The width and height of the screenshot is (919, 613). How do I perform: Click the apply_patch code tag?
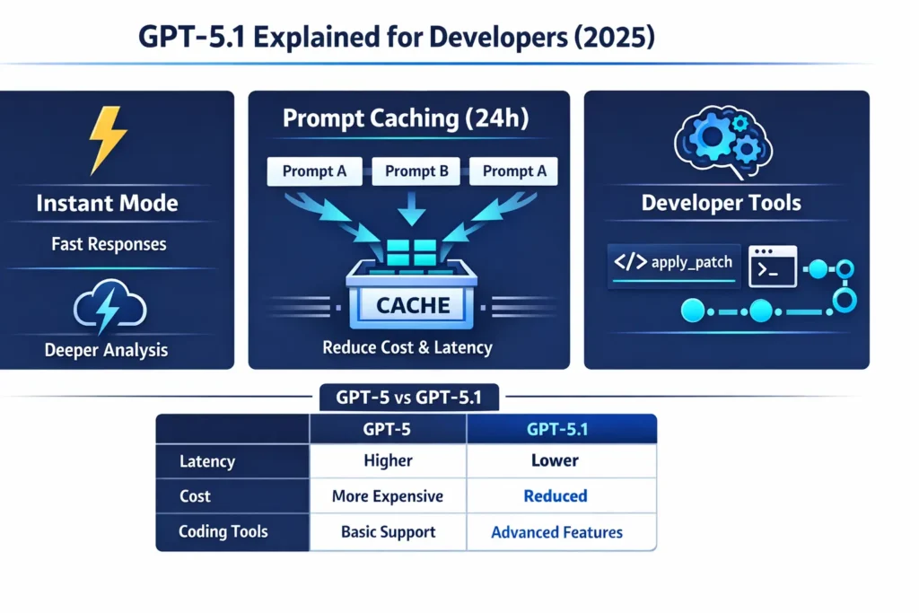click(x=673, y=264)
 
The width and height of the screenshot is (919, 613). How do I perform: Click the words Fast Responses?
click(x=109, y=244)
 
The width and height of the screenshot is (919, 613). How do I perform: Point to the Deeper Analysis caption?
click(x=106, y=350)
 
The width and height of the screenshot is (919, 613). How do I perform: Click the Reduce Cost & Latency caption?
click(x=407, y=346)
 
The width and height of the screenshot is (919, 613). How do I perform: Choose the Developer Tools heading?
click(x=722, y=203)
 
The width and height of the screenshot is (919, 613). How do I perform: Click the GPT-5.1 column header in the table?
click(x=556, y=429)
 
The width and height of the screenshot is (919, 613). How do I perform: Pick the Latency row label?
click(x=207, y=461)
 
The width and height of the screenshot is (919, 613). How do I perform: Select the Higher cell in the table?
click(x=388, y=460)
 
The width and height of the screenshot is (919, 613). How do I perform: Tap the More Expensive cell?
click(x=388, y=496)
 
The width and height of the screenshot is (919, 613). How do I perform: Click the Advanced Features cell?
click(x=556, y=532)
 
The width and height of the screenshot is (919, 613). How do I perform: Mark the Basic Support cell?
click(x=388, y=532)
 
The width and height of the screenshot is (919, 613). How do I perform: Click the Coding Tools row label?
click(x=223, y=532)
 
